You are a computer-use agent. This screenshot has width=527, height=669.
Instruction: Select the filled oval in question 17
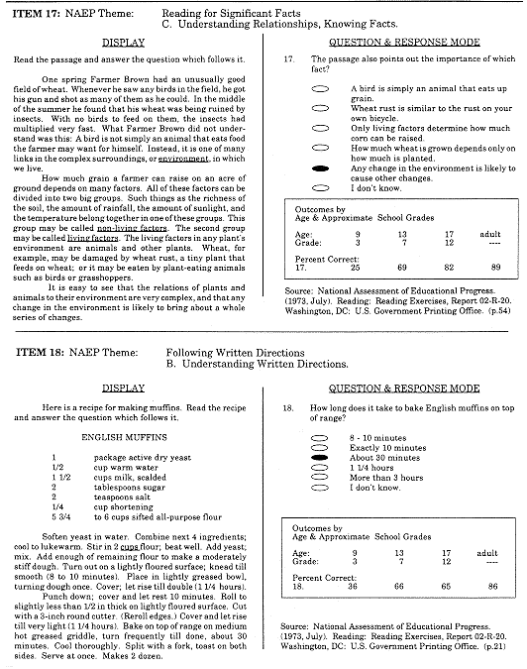coord(320,169)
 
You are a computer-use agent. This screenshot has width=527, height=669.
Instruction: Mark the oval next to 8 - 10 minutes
coord(319,437)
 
